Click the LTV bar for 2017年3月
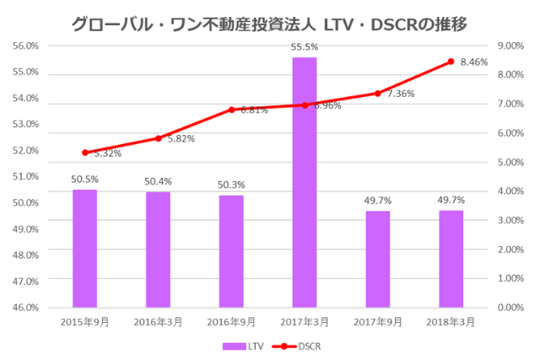point(304,181)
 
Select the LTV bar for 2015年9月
point(84,248)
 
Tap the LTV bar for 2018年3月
point(451,258)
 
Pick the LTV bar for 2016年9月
point(231,250)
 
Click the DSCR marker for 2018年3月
point(451,62)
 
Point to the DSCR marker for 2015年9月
point(84,153)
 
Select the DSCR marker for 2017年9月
point(377,94)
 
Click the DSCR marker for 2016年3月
point(158,138)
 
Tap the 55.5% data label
point(304,47)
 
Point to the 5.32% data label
point(107,153)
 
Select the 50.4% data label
point(158,181)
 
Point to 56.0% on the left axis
point(25,46)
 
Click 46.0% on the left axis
point(25,307)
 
